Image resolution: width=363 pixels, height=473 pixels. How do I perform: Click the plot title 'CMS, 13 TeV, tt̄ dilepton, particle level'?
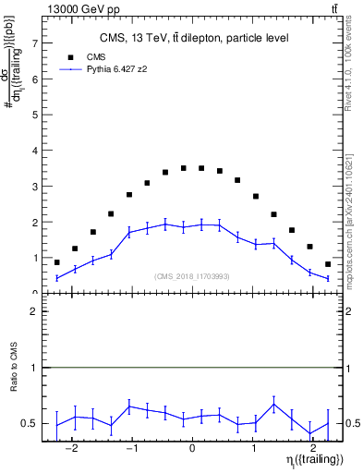194,38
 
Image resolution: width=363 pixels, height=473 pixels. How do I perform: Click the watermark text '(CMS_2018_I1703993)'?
192,276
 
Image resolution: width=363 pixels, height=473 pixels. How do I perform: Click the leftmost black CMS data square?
56,262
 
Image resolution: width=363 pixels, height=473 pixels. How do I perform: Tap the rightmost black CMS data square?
328,264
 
